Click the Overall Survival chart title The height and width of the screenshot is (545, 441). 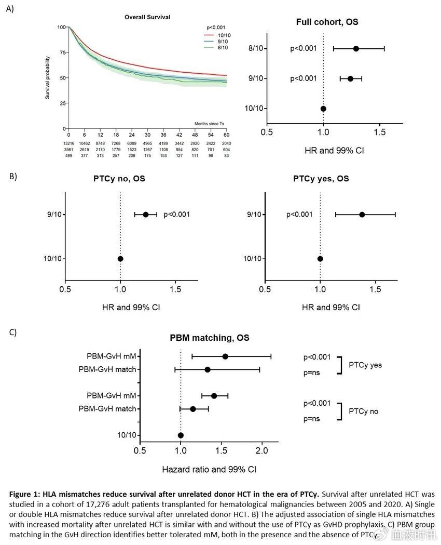[x=147, y=17]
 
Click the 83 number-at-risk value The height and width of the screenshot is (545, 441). [x=226, y=155]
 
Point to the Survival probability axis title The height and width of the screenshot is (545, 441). [x=47, y=78]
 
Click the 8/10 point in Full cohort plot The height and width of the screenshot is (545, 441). [x=356, y=48]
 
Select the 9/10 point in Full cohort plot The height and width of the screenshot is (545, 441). [x=350, y=78]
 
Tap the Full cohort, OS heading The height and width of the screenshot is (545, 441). [x=327, y=22]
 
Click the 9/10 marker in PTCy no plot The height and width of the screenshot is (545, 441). [x=146, y=215]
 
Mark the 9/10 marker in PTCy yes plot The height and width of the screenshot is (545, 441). [x=362, y=215]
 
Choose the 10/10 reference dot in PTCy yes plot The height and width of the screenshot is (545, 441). [x=320, y=259]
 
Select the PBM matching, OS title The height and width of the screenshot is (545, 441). [x=210, y=338]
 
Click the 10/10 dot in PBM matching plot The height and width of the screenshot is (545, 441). [x=181, y=435]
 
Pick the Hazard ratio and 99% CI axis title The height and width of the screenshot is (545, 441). [x=209, y=469]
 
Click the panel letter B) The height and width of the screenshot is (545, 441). [x=13, y=176]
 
